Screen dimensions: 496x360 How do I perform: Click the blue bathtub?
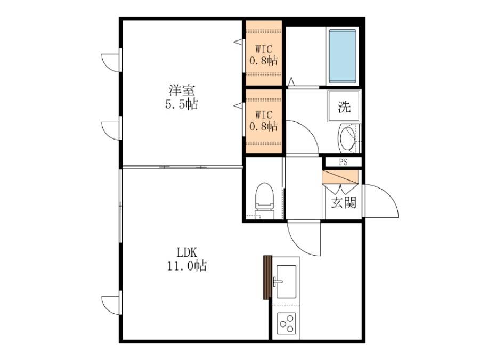(x=343, y=56)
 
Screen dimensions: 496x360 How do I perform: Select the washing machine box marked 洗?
(x=344, y=107)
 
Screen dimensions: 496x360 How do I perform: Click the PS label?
(x=343, y=162)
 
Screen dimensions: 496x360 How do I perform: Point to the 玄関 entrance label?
(x=344, y=202)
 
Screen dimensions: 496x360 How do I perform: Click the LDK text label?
(x=186, y=252)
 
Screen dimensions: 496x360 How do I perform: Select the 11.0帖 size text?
(x=186, y=266)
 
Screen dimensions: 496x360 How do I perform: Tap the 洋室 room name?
(x=182, y=91)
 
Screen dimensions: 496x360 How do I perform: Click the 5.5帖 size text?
(x=182, y=104)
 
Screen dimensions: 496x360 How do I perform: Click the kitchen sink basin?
(x=286, y=282)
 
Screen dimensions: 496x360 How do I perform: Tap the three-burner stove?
(x=287, y=324)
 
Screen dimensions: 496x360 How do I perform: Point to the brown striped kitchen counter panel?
(x=267, y=277)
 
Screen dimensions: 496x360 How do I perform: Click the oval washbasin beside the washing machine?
(x=348, y=138)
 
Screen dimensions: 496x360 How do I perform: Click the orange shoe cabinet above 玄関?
(x=340, y=177)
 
